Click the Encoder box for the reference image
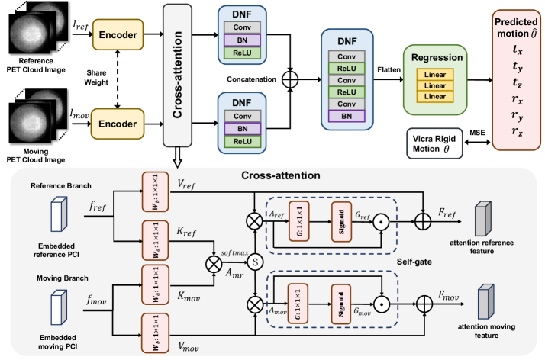pos(117,34)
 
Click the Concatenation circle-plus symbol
pos(290,79)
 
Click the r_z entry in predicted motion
pos(518,131)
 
